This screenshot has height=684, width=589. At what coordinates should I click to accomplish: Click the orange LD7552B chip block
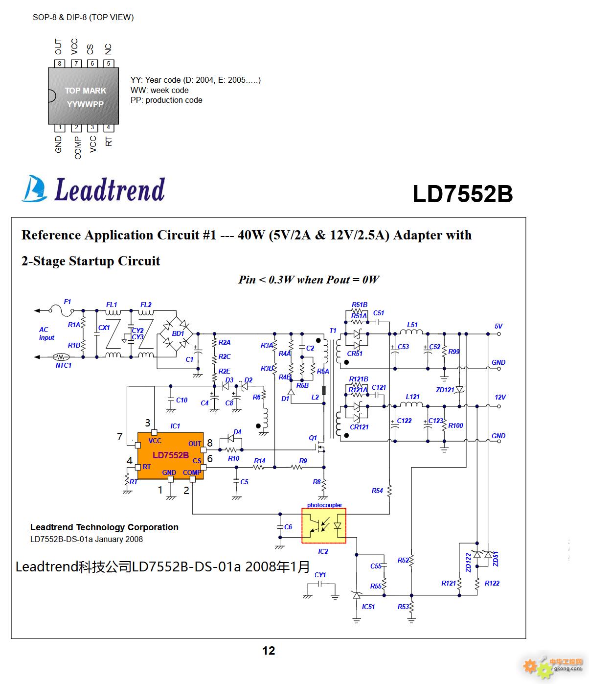coord(170,455)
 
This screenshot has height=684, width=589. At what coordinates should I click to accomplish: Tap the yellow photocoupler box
coord(324,526)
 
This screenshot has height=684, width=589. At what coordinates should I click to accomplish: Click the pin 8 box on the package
coord(60,64)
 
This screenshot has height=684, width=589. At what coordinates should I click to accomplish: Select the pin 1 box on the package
coord(60,128)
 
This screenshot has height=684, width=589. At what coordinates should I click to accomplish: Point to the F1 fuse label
coord(68,302)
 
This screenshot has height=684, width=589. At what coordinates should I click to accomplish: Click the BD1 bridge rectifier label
coord(178,333)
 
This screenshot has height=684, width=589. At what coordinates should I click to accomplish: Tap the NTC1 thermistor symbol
coord(61,357)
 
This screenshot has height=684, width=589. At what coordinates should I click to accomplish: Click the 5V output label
coord(498,326)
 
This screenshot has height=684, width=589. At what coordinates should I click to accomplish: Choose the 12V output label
coord(500,397)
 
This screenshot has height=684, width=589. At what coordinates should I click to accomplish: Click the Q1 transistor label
coord(313,438)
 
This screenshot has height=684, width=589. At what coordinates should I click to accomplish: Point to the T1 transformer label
coord(333,330)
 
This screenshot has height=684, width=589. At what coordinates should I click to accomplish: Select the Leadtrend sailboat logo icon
coord(34,189)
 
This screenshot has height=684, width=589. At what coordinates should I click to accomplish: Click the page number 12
coord(269,651)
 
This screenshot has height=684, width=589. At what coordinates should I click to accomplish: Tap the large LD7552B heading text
coord(463,193)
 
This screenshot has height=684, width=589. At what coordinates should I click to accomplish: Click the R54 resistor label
coord(377,491)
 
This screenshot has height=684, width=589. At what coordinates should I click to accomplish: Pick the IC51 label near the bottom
coord(368,607)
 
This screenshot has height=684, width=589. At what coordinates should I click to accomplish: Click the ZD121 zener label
coord(445,390)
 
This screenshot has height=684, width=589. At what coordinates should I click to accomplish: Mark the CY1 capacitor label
coord(320,575)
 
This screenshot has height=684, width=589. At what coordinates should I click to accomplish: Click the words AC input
coord(46,333)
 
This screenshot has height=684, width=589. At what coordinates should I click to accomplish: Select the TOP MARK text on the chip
coord(85,91)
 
